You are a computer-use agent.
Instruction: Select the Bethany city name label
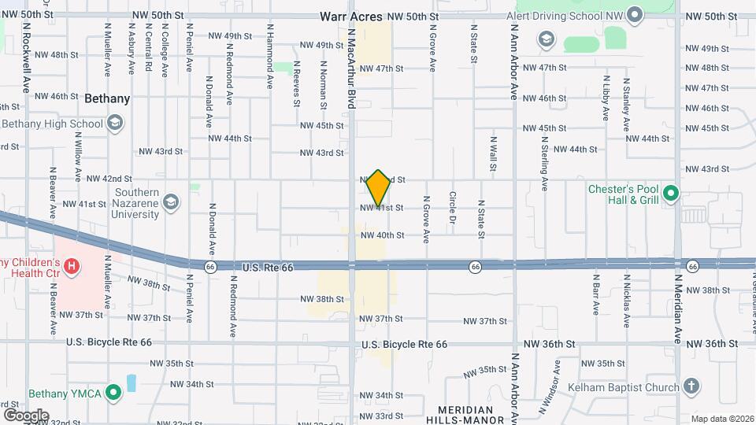pos(107,99)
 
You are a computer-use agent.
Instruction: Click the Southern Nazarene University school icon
pos(170,203)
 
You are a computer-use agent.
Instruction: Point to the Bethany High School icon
pos(114,123)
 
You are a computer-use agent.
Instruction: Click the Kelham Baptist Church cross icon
pos(691,386)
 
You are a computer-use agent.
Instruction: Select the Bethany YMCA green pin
pos(114,391)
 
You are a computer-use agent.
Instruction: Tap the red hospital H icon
pos(72,267)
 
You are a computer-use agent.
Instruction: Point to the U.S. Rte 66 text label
pos(257,268)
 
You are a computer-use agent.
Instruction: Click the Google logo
pos(26,415)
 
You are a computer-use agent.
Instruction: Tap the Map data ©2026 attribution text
pos(721,419)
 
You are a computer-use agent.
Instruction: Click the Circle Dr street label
pos(453,208)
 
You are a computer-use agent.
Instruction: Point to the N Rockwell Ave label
pos(26,57)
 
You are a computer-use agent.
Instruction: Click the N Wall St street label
pos(492,156)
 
